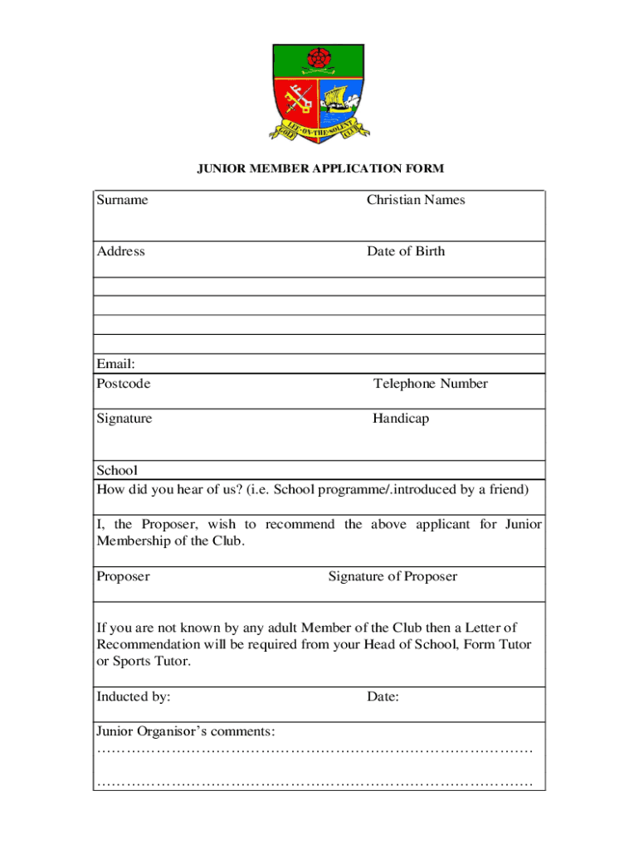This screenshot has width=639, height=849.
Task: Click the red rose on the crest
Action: pyautogui.click(x=318, y=60)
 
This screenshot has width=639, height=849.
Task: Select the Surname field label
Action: pyautogui.click(x=122, y=200)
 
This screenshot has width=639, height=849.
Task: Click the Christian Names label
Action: pyautogui.click(x=416, y=200)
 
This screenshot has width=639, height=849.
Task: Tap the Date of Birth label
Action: pyautogui.click(x=406, y=251)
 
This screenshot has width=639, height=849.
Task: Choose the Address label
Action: pyautogui.click(x=120, y=251)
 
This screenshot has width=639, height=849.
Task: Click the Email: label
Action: pyautogui.click(x=115, y=364)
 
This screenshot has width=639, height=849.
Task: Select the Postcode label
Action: pyautogui.click(x=124, y=384)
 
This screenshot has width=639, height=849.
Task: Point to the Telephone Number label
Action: pyautogui.click(x=430, y=384)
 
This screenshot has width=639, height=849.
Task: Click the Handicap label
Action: pyautogui.click(x=401, y=419)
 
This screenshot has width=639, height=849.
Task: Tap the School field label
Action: pyautogui.click(x=117, y=470)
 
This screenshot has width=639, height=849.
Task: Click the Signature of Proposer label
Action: pyautogui.click(x=393, y=576)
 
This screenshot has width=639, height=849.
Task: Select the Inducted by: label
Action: pyautogui.click(x=134, y=697)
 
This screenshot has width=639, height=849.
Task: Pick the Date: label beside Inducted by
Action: pyautogui.click(x=383, y=697)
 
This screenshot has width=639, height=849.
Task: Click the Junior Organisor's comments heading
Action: pyautogui.click(x=186, y=732)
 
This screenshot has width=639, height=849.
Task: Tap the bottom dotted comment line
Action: pyautogui.click(x=315, y=784)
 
